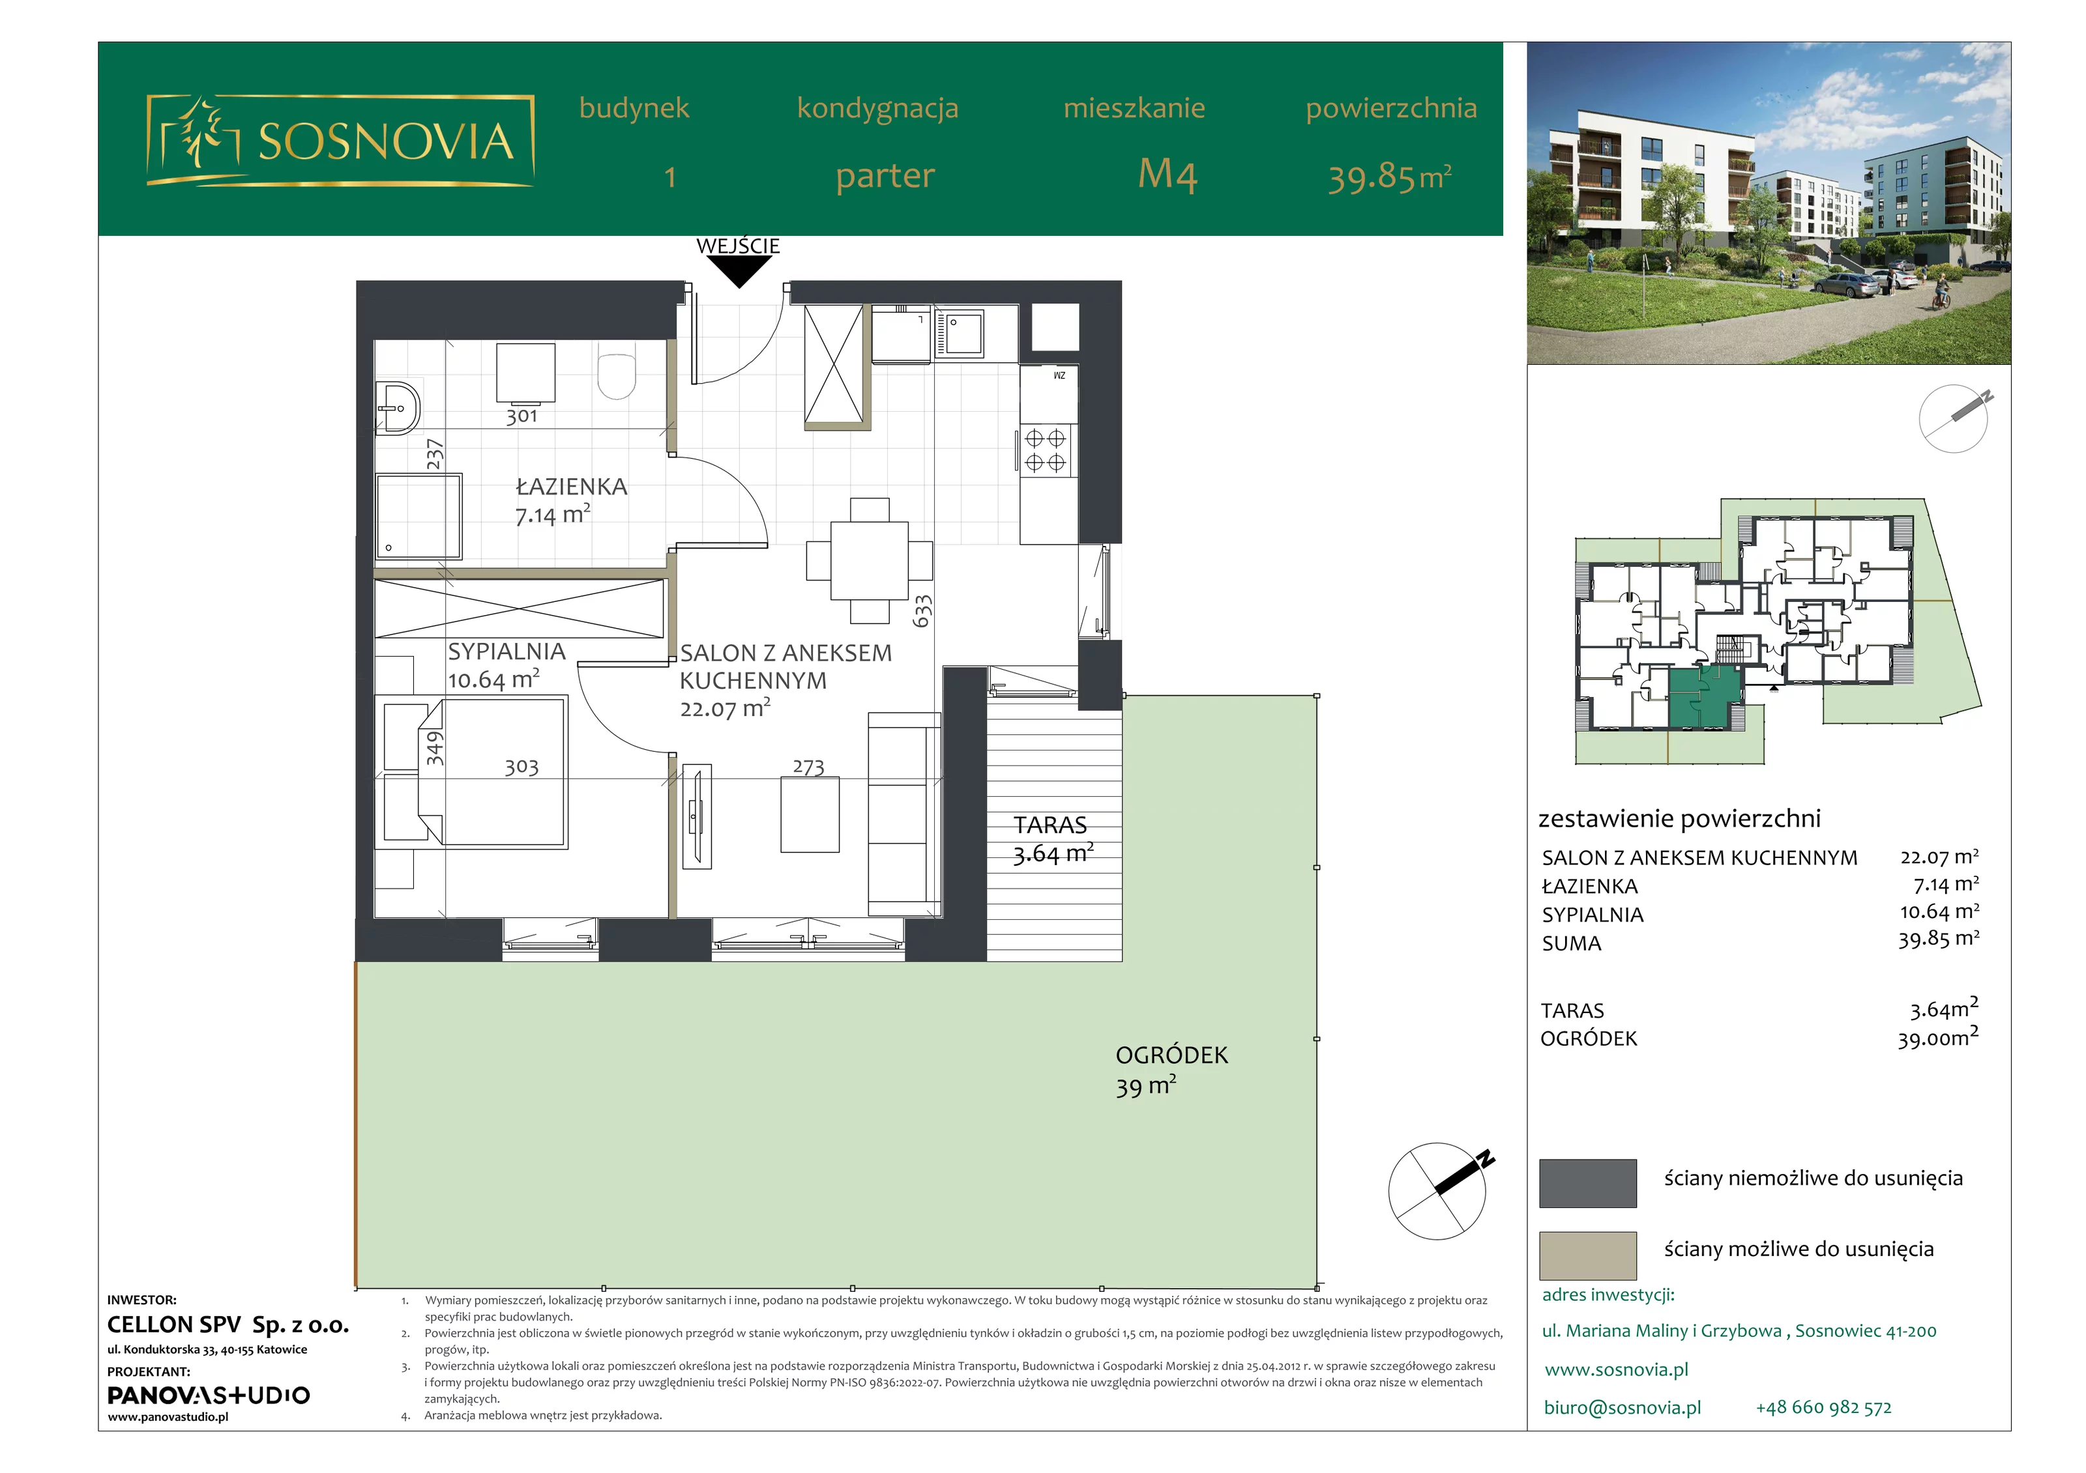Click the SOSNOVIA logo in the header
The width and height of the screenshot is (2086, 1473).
[x=340, y=141]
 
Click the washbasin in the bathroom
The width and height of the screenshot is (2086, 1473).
[x=398, y=408]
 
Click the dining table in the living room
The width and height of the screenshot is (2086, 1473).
[x=868, y=560]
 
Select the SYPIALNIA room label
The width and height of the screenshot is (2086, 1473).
[x=506, y=651]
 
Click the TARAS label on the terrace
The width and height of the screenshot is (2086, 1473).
[x=1050, y=825]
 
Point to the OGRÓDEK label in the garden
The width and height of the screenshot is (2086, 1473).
[x=1171, y=1055]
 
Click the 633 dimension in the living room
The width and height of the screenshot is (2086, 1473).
[x=922, y=611]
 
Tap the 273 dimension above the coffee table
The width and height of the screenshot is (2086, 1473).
[x=808, y=767]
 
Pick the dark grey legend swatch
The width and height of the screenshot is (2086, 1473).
[x=1587, y=1182]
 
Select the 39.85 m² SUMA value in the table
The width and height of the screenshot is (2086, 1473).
[x=1938, y=939]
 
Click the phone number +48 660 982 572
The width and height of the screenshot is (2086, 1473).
[x=1823, y=1408]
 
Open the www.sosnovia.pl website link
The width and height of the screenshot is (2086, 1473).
[x=1616, y=1369]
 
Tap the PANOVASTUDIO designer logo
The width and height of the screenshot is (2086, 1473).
[x=208, y=1395]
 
